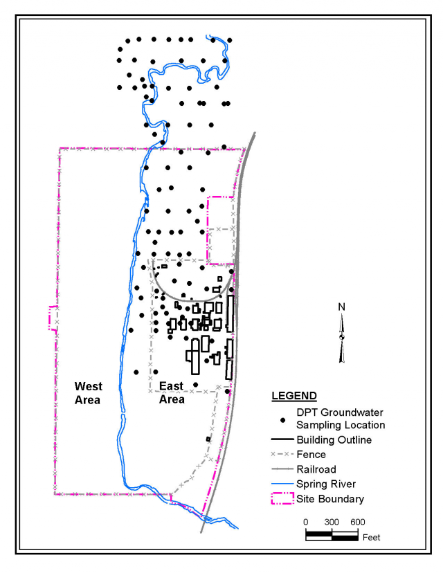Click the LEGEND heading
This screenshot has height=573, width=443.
pos(293,397)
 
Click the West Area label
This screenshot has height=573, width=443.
pos(88,392)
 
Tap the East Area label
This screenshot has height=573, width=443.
pos(172,392)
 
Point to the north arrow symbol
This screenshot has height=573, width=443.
pos(342,337)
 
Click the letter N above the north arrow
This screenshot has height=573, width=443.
pos(342,307)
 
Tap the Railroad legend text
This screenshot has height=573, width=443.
pos(316,469)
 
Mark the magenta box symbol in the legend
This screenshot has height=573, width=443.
pos(282,498)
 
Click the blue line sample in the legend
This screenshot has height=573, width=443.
pos(282,484)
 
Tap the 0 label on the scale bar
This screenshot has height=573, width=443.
pos(306,522)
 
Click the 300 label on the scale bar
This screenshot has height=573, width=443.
pos(332,522)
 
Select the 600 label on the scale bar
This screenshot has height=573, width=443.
pos(357,522)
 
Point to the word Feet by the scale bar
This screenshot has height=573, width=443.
pos(370,537)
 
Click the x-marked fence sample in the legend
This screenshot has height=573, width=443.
pos(282,455)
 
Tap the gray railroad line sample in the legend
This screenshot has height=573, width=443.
pos(282,469)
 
